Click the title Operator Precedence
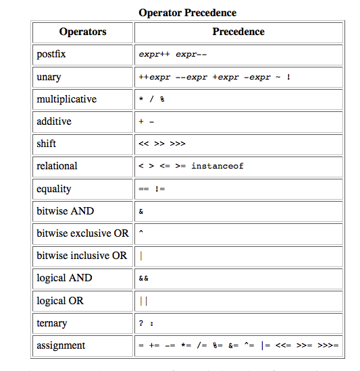click(187, 13)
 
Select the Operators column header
click(82, 32)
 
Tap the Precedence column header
click(238, 32)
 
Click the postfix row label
click(51, 54)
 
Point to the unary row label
click(49, 77)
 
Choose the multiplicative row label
click(66, 99)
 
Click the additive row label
click(54, 121)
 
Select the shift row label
click(47, 144)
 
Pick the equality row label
click(54, 189)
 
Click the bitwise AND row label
click(66, 211)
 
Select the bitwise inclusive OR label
click(82, 256)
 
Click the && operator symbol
click(143, 279)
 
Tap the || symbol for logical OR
click(143, 301)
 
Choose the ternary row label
click(52, 323)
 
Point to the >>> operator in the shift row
click(178, 144)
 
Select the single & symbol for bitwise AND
click(140, 212)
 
